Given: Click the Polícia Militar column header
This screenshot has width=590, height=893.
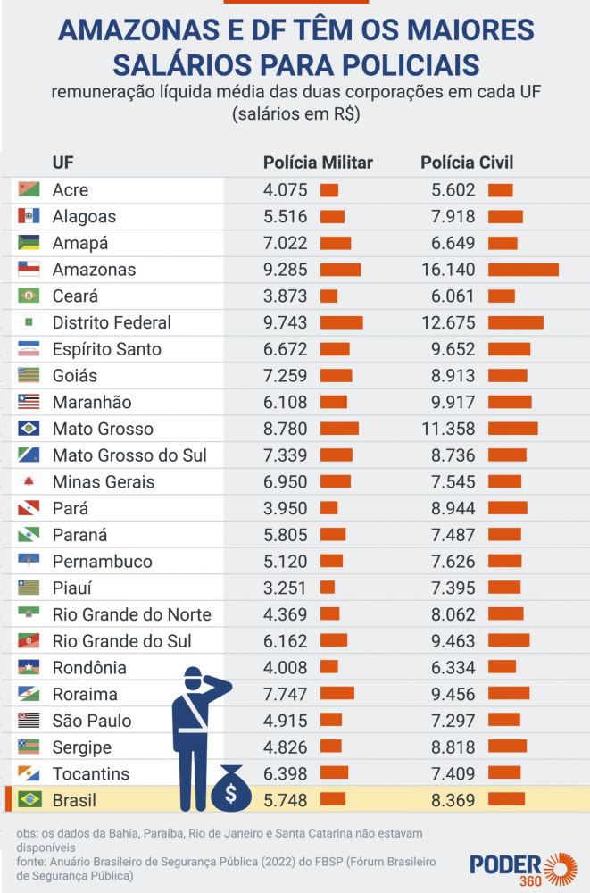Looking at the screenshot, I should pos(318,163).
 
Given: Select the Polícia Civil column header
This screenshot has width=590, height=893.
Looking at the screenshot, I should pos(467,163).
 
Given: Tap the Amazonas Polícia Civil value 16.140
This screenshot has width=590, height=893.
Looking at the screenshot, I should pos(449,270).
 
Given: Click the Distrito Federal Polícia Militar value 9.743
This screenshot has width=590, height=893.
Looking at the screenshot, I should pos(286,322).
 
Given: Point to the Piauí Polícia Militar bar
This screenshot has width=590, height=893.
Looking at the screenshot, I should pos(328,588).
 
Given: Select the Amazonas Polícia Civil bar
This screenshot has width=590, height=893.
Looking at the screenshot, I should pos(523,270).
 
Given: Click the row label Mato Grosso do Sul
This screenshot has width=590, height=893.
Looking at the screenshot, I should pos(129,455).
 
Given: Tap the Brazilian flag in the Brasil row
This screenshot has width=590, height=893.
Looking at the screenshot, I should pos(29,800).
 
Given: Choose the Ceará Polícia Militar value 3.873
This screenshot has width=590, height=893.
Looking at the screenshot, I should pos(286,296).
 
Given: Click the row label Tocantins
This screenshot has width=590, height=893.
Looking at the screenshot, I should pos(91,773).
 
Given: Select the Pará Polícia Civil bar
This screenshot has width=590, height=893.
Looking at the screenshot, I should pos(508,508).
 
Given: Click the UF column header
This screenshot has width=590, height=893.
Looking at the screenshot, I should pos(62,163).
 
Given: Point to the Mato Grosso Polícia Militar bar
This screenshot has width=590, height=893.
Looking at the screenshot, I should pos(339,429).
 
